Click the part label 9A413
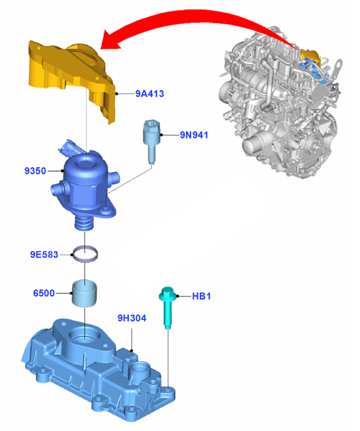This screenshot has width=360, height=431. click(149, 94)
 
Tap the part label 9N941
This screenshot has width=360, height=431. click(194, 135)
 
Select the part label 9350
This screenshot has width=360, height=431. click(35, 171)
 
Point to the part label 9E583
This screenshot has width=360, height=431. click(44, 255)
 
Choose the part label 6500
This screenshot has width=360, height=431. click(44, 293)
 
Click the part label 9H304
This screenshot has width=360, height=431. click(132, 318)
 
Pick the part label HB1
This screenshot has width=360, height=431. click(201, 296)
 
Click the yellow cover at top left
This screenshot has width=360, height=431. click(71, 78)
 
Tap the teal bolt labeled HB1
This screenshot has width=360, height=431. click(167, 307)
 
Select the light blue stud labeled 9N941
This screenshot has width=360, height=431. click(151, 141)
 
